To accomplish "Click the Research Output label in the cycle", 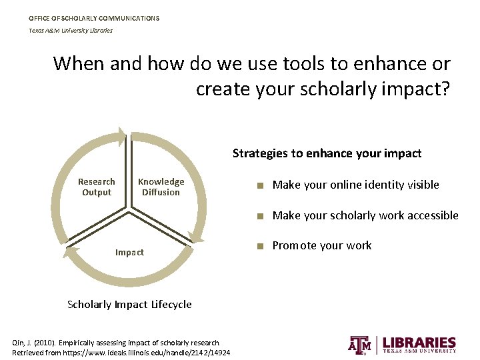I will (97, 187).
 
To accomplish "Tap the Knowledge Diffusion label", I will (161, 187).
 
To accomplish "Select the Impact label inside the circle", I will (129, 252).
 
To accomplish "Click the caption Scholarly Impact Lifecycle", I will (129, 304).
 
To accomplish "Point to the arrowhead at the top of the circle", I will (121, 139).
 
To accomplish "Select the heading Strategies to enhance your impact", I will (327, 153).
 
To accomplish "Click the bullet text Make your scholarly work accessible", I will (365, 215).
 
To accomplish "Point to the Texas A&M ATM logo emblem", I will (361, 344).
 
